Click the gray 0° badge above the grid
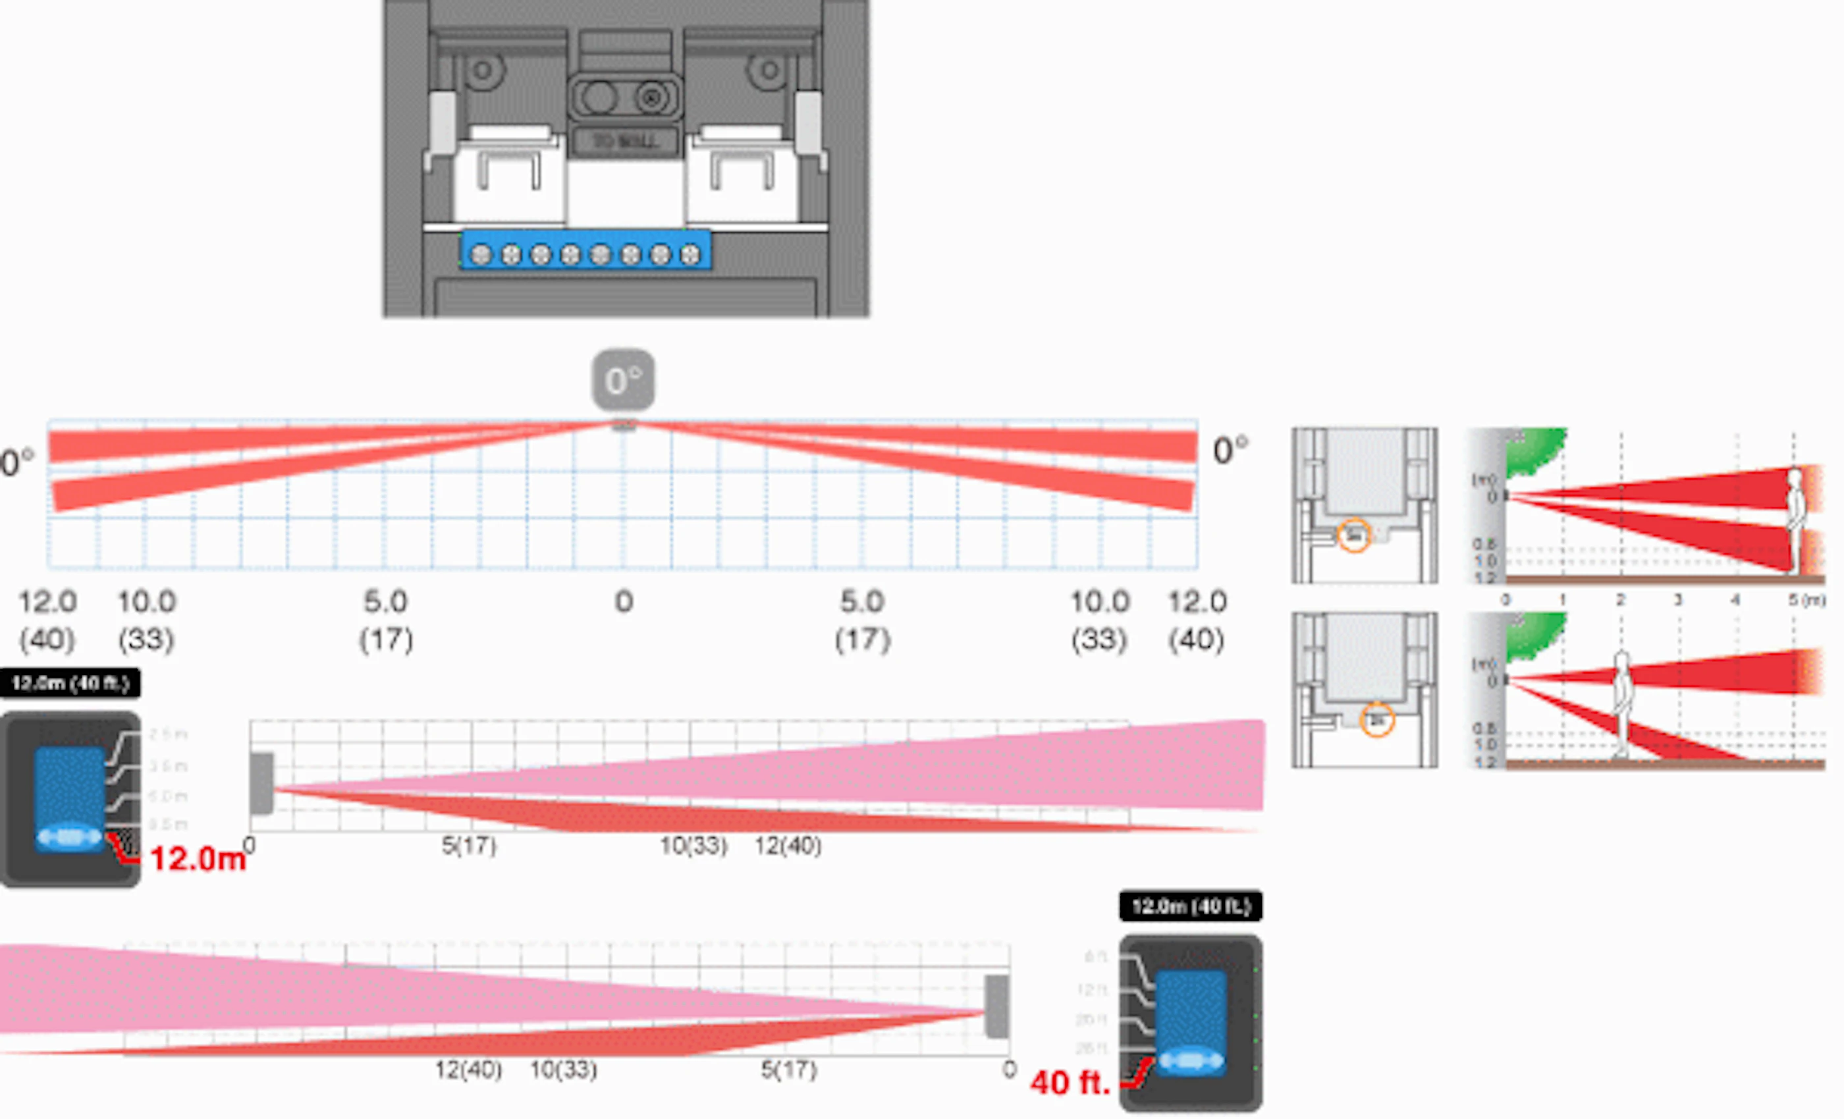point(624,379)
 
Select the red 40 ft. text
point(1070,1082)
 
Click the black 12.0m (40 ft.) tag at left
point(70,682)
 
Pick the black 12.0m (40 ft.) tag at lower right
point(1190,906)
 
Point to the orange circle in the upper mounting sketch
point(1353,536)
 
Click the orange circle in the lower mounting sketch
point(1377,720)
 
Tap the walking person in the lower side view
point(1621,703)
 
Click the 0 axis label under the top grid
point(624,602)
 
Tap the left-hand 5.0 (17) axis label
point(385,620)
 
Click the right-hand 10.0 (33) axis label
point(1099,620)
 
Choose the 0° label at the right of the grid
point(1230,450)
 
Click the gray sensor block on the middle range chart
point(261,783)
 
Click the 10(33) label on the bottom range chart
point(564,1070)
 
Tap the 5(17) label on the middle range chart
point(468,846)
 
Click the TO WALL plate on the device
point(625,141)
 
